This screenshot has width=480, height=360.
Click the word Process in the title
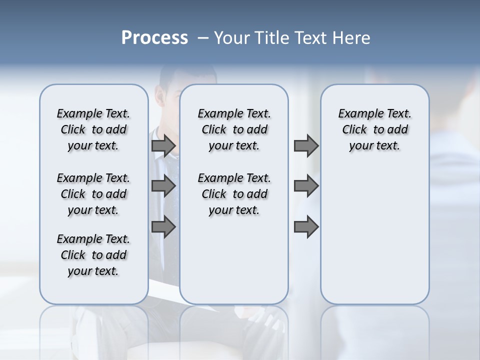click(x=154, y=38)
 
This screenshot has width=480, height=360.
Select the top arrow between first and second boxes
click(x=163, y=145)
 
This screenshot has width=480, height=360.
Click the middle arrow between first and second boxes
click(x=163, y=186)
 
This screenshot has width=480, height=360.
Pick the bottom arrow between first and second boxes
click(x=163, y=227)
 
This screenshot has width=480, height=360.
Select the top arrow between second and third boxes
click(x=306, y=145)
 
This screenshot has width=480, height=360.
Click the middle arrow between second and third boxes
click(x=306, y=186)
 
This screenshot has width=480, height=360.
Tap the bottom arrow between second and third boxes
click(x=306, y=227)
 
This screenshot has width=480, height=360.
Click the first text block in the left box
click(x=93, y=129)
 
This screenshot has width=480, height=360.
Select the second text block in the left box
click(x=93, y=194)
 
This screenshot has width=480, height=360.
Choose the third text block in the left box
click(x=93, y=255)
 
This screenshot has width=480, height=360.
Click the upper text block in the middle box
click(x=234, y=129)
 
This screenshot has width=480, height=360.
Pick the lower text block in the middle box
click(x=234, y=194)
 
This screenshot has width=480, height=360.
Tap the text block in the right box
click(x=374, y=129)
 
